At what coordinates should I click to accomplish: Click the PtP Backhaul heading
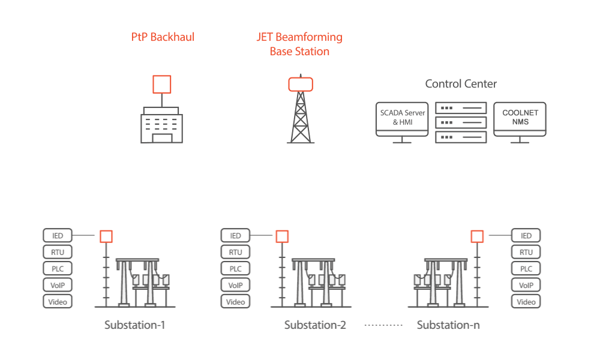pyautogui.click(x=163, y=37)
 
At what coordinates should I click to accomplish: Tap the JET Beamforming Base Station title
pyautogui.click(x=299, y=44)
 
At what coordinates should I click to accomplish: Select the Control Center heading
pyautogui.click(x=461, y=84)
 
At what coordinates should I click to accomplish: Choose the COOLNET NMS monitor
pyautogui.click(x=520, y=118)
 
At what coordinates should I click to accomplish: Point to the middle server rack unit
pyautogui.click(x=460, y=122)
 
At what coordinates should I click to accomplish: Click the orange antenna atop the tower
pyautogui.click(x=301, y=83)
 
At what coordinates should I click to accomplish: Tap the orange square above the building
pyautogui.click(x=162, y=84)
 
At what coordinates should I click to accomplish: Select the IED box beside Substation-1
pyautogui.click(x=58, y=236)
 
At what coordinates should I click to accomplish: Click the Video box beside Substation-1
pyautogui.click(x=58, y=302)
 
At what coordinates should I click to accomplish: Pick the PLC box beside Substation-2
pyautogui.click(x=235, y=269)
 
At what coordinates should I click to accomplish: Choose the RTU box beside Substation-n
pyautogui.click(x=526, y=253)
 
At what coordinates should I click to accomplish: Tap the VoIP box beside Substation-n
pyautogui.click(x=526, y=286)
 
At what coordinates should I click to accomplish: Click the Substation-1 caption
pyautogui.click(x=135, y=325)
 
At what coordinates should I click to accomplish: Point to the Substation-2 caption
pyautogui.click(x=315, y=325)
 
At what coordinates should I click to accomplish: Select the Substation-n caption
pyautogui.click(x=448, y=325)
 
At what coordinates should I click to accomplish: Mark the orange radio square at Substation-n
pyautogui.click(x=477, y=236)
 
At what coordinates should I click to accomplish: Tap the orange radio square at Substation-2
pyautogui.click(x=282, y=236)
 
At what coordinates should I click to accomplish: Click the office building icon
pyautogui.click(x=162, y=125)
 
